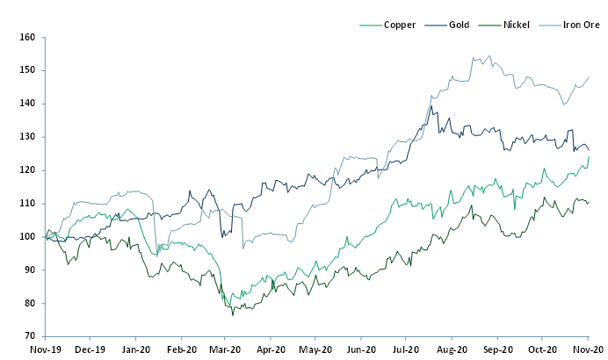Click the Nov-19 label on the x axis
pos(44,348)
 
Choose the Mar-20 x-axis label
pos(226,348)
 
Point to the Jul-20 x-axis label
pos(407,348)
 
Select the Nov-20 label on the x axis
pos(588,348)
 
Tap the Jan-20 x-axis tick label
pos(134,348)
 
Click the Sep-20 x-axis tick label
pos(497,348)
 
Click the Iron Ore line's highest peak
pos(489,56)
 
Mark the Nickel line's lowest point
pos(233,314)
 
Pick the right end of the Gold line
pos(589,150)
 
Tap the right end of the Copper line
pos(589,156)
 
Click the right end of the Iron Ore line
pos(589,77)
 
